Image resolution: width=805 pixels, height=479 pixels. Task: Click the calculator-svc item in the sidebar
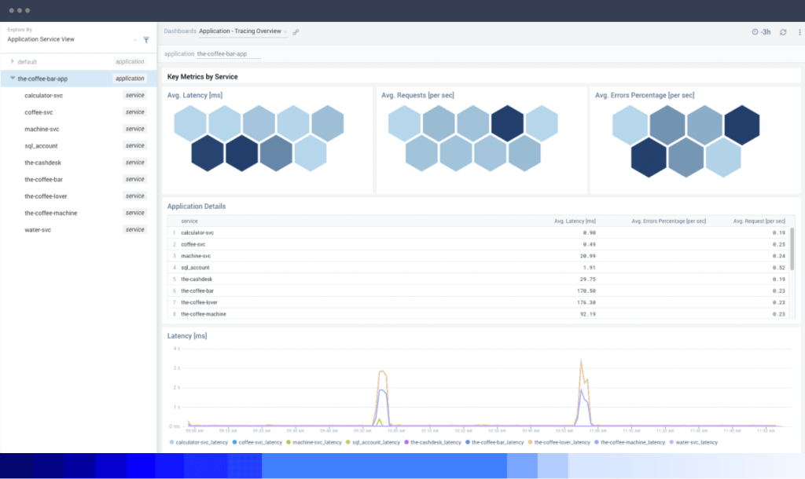tap(43, 95)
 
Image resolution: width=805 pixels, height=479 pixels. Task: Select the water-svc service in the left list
tap(38, 229)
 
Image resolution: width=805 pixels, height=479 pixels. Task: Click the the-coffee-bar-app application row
tap(42, 79)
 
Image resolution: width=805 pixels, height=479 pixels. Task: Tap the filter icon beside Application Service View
tap(145, 39)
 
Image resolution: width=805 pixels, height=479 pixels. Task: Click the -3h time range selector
tap(761, 32)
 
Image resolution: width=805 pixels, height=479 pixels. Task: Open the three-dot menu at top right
tap(799, 32)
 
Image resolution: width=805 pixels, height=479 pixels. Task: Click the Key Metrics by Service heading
tap(202, 77)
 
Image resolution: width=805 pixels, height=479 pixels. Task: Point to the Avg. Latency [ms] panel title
tap(196, 95)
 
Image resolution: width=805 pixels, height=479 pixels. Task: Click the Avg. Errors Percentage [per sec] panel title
tap(645, 95)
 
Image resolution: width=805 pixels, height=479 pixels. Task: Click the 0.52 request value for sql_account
tap(778, 267)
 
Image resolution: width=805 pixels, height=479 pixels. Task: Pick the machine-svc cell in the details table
tap(196, 256)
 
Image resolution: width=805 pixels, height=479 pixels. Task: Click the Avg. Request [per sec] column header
tap(759, 221)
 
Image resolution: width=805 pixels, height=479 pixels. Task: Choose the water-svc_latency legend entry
tap(696, 442)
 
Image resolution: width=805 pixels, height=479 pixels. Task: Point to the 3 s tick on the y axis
tap(176, 367)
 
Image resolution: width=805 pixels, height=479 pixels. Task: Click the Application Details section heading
tap(197, 206)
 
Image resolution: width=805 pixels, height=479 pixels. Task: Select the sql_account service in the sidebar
tap(41, 145)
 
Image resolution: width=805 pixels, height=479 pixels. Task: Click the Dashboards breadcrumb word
tap(179, 31)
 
